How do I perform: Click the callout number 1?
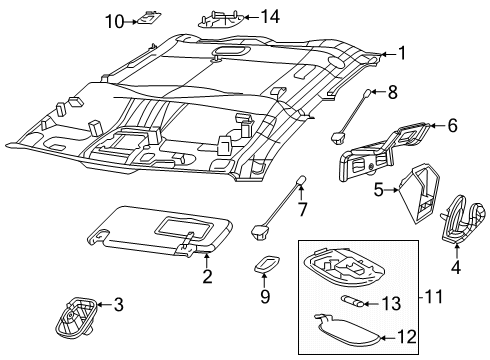click(402, 54)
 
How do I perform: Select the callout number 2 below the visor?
click(207, 277)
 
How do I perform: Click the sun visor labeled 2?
click(160, 237)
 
